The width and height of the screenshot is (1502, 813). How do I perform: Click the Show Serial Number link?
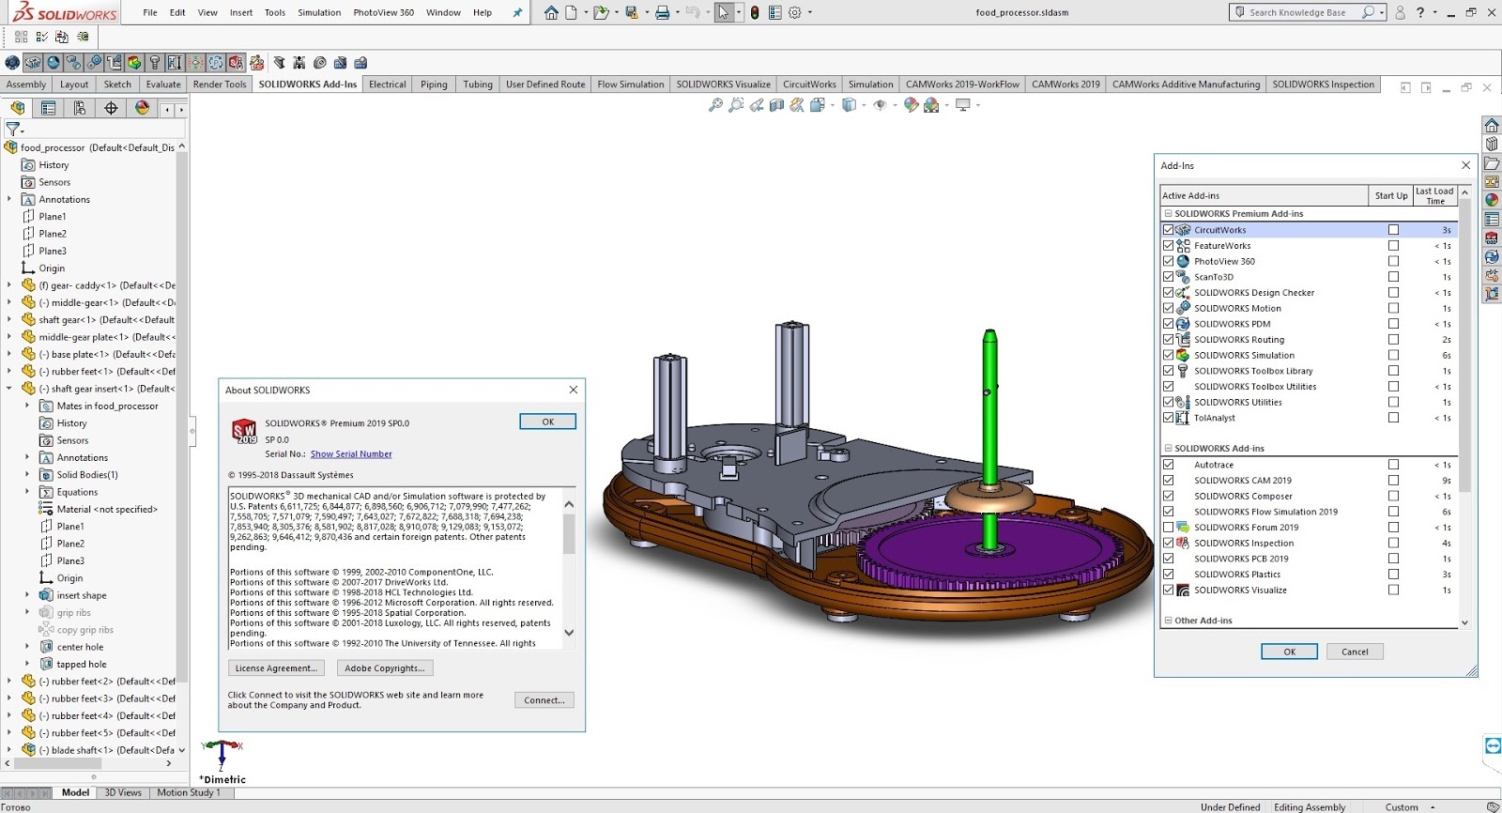pyautogui.click(x=351, y=454)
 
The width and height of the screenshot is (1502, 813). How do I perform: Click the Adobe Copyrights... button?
pyautogui.click(x=385, y=668)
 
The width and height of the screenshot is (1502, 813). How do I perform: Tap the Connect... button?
pyautogui.click(x=544, y=700)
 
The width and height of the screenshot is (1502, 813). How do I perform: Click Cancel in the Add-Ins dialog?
pyautogui.click(x=1355, y=652)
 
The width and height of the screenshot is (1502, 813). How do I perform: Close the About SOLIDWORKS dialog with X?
pyautogui.click(x=574, y=390)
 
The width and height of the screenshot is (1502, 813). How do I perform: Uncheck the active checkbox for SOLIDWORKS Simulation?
pyautogui.click(x=1168, y=356)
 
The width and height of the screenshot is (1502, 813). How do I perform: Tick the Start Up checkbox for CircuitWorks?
pyautogui.click(x=1393, y=230)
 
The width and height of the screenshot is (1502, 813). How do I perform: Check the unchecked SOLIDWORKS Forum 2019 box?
pyautogui.click(x=1168, y=528)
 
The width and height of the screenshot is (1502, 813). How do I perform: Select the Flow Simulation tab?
pyautogui.click(x=630, y=84)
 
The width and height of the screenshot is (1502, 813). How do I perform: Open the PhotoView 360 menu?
pyautogui.click(x=384, y=13)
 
